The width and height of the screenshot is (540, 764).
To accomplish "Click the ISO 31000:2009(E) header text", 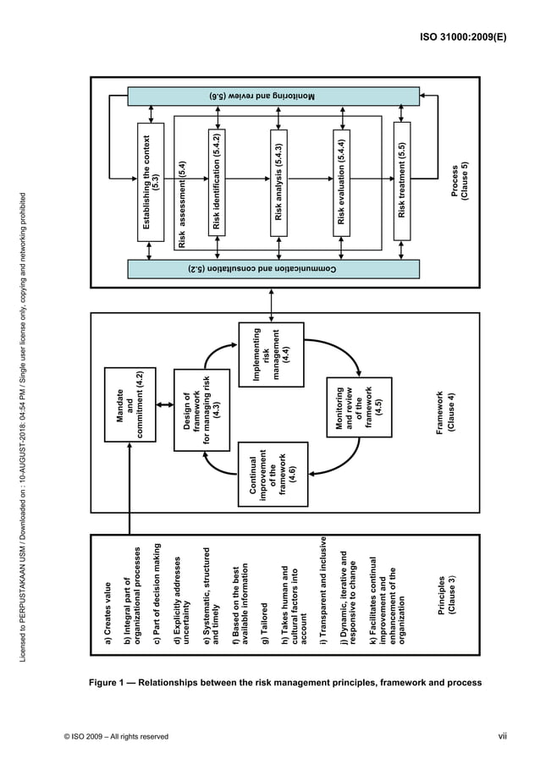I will [465, 39].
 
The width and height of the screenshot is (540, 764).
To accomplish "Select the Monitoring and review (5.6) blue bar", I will [273, 96].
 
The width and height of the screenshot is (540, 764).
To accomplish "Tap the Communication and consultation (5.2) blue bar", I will [273, 269].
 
